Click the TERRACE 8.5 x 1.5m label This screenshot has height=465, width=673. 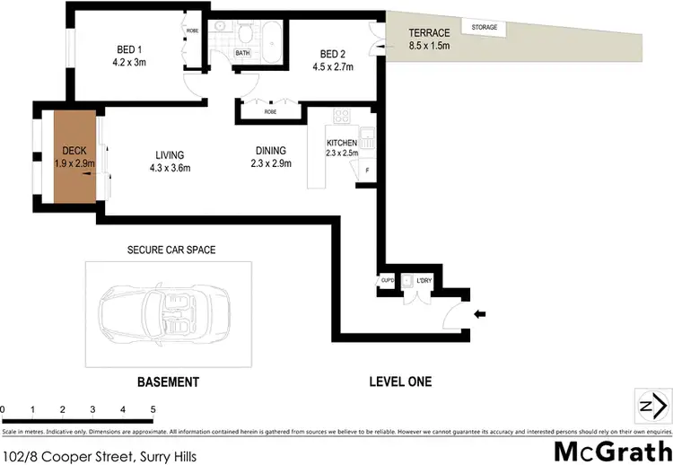point(429,39)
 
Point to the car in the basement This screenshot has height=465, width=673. point(169,314)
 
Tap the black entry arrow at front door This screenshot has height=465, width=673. point(479,314)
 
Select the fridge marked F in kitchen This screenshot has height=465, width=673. point(367,170)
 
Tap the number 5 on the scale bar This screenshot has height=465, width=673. point(153,410)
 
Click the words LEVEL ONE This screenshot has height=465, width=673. point(400,382)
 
